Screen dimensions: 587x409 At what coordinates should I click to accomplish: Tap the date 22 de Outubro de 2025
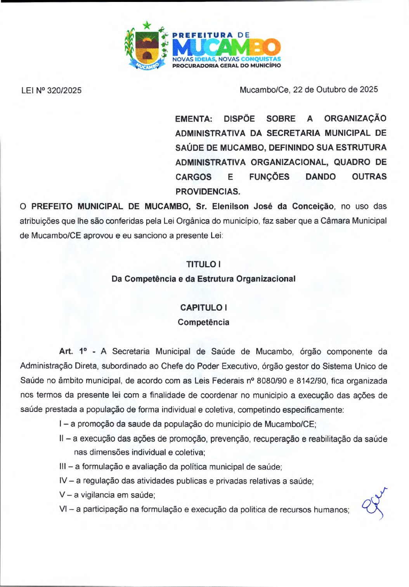[335, 90]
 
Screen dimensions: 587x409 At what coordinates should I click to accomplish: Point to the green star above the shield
[147, 26]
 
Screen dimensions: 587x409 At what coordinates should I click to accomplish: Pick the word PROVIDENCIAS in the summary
[208, 191]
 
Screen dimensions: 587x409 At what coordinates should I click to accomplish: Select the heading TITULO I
[203, 264]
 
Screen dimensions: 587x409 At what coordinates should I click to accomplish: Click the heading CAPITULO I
[203, 308]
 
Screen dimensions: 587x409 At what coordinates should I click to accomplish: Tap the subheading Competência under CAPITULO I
[203, 322]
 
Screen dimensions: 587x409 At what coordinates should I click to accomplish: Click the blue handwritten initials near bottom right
[374, 504]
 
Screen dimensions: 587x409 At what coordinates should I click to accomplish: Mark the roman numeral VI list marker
[64, 509]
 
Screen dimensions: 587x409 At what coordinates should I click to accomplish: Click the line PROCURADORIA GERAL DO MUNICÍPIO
[226, 65]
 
